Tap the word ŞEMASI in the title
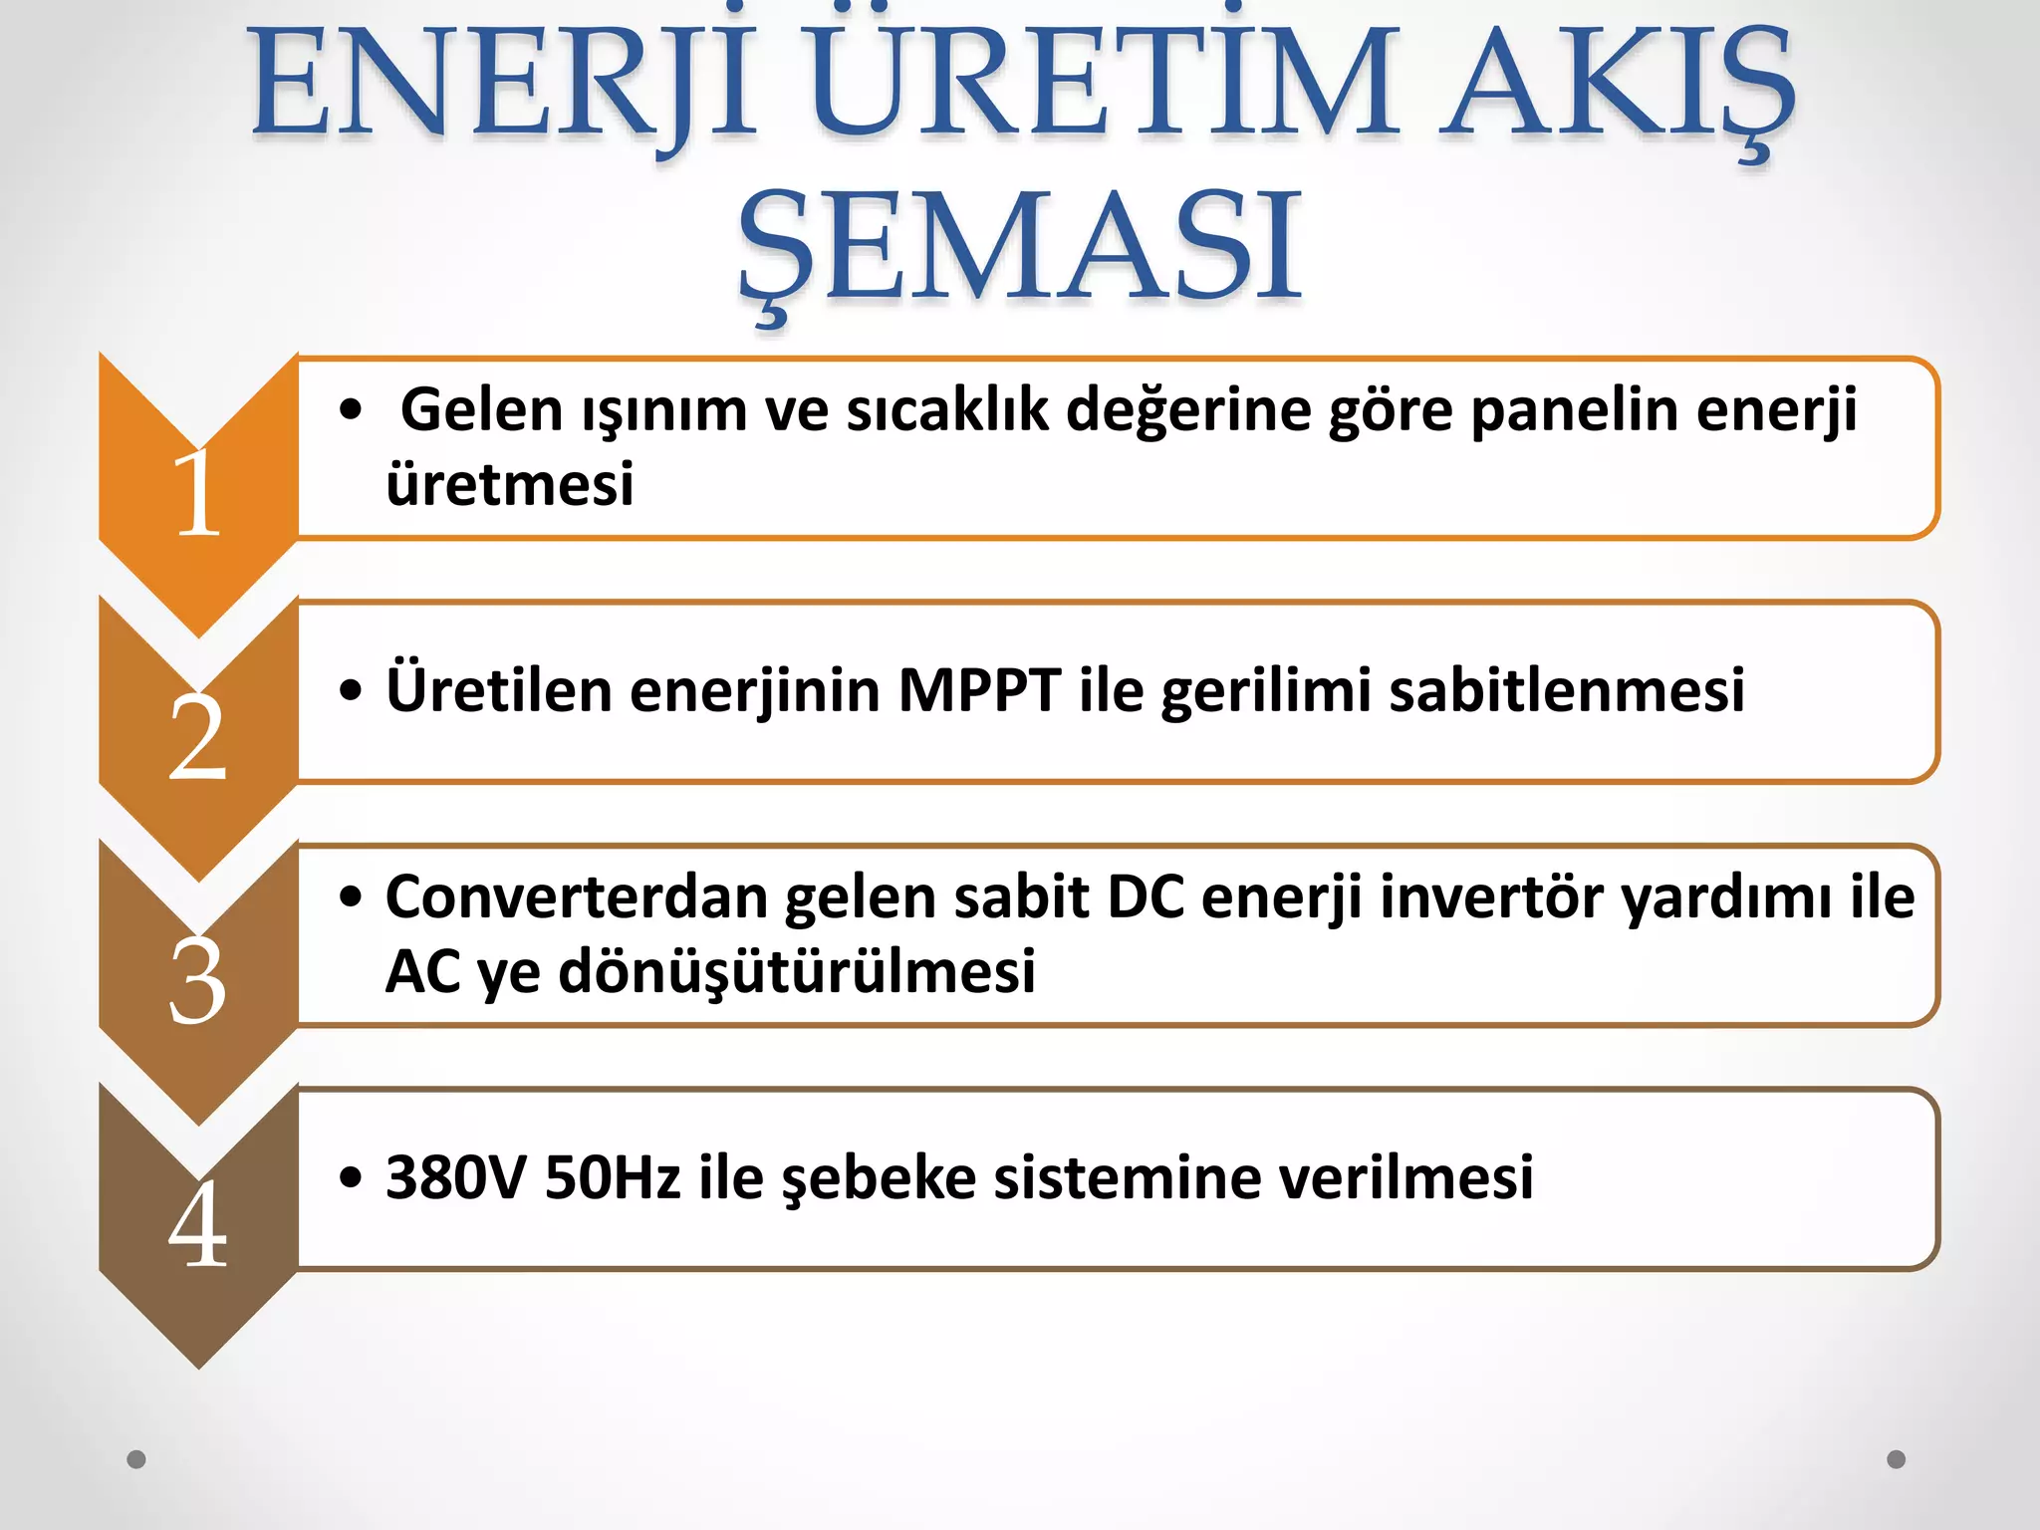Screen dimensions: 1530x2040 pos(1020,249)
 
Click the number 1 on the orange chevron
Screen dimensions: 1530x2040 pos(197,493)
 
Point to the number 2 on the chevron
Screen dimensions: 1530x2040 pos(197,737)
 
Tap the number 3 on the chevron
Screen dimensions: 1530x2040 pos(197,981)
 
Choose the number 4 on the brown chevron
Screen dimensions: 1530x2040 pos(197,1225)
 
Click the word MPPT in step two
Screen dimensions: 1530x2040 pos(979,689)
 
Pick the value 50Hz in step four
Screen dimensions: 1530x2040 pos(613,1177)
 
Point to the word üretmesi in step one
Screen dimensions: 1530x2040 pos(509,484)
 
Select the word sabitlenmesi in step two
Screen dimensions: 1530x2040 pos(1567,689)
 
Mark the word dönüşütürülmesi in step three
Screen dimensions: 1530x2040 pos(797,971)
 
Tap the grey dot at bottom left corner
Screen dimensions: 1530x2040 pos(136,1459)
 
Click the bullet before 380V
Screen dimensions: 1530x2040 pos(350,1178)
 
